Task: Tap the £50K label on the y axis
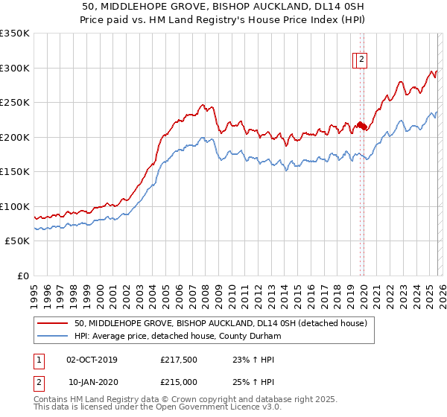pos(17,241)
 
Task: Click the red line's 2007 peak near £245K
pos(201,106)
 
